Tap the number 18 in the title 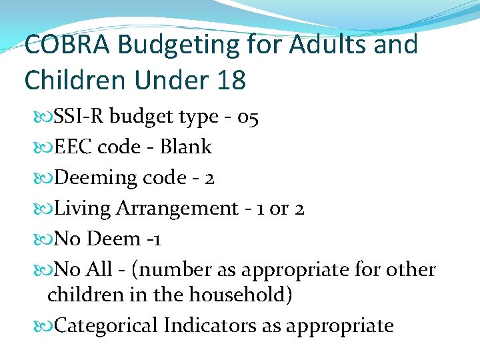[231, 81]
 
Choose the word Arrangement [177, 209]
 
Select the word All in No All [99, 270]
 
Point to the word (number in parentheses [167, 270]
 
